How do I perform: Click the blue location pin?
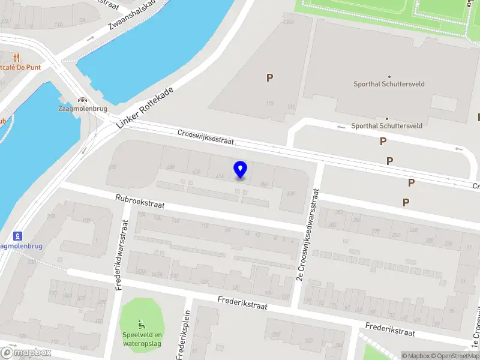(x=241, y=169)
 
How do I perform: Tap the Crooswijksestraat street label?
(x=205, y=137)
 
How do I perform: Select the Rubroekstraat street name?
(x=140, y=201)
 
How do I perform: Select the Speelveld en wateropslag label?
(x=142, y=339)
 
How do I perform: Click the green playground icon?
(x=142, y=324)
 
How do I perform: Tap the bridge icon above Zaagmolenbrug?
(x=82, y=100)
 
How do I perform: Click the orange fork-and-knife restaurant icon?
(x=16, y=58)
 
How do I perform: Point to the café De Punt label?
(x=21, y=67)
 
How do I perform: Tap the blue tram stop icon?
(x=18, y=235)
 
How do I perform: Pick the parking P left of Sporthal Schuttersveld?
(x=269, y=77)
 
